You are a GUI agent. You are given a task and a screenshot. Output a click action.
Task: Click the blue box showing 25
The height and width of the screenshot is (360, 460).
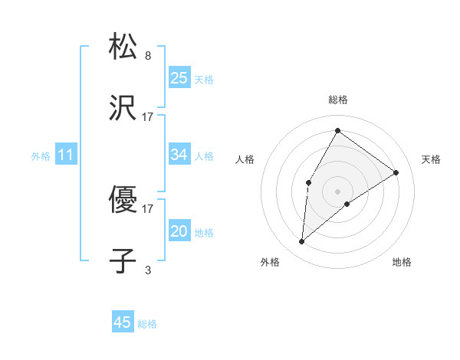coord(179,77)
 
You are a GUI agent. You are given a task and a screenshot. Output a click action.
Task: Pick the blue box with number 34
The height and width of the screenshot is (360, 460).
coord(179,155)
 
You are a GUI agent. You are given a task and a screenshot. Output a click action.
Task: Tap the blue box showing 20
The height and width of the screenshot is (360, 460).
coord(179,231)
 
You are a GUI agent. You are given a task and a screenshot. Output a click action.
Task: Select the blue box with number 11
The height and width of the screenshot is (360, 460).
coord(66,155)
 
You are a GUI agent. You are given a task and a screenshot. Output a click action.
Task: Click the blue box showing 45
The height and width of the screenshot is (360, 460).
coord(123,322)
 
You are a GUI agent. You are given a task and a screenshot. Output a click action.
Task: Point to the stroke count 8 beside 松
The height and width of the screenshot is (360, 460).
coord(148,56)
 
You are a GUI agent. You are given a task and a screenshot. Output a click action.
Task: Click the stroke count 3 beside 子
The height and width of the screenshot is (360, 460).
coord(148,270)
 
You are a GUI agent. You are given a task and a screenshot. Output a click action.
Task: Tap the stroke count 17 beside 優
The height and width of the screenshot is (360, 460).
coord(148,208)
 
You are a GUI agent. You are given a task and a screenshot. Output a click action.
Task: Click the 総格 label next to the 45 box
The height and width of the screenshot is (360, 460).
coord(147,324)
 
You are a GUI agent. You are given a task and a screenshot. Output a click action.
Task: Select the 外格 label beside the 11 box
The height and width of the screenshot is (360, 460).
coord(41,156)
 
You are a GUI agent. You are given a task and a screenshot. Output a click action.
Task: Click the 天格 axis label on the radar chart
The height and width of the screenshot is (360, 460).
coord(431,159)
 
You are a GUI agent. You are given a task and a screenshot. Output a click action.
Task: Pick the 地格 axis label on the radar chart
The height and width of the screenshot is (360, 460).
coord(402,262)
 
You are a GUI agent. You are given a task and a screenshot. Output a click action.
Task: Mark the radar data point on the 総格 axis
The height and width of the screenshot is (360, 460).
coord(337,130)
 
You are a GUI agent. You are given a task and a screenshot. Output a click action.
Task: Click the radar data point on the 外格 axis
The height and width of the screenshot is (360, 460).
coord(302,242)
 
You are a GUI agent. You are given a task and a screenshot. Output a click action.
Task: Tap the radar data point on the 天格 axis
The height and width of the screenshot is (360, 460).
coord(396,172)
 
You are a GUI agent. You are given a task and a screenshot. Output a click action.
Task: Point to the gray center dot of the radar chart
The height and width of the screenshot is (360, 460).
coord(337,191)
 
